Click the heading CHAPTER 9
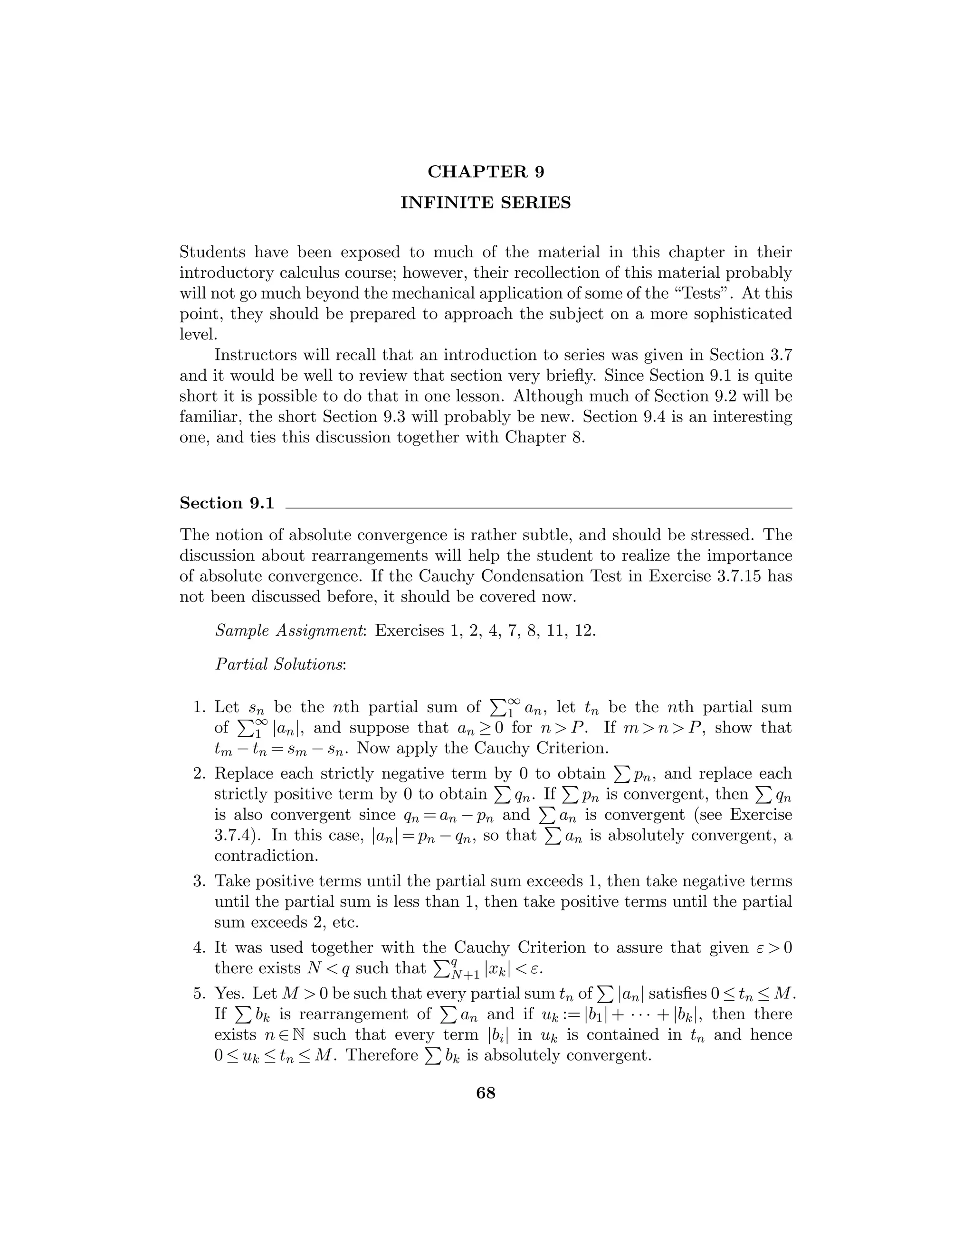(x=486, y=172)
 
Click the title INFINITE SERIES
(x=486, y=203)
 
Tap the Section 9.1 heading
(x=227, y=503)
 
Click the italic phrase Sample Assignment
(x=291, y=631)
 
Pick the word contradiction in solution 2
(x=266, y=855)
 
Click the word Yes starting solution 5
(x=229, y=993)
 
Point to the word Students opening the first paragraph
(x=213, y=252)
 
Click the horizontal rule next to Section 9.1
(x=538, y=507)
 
